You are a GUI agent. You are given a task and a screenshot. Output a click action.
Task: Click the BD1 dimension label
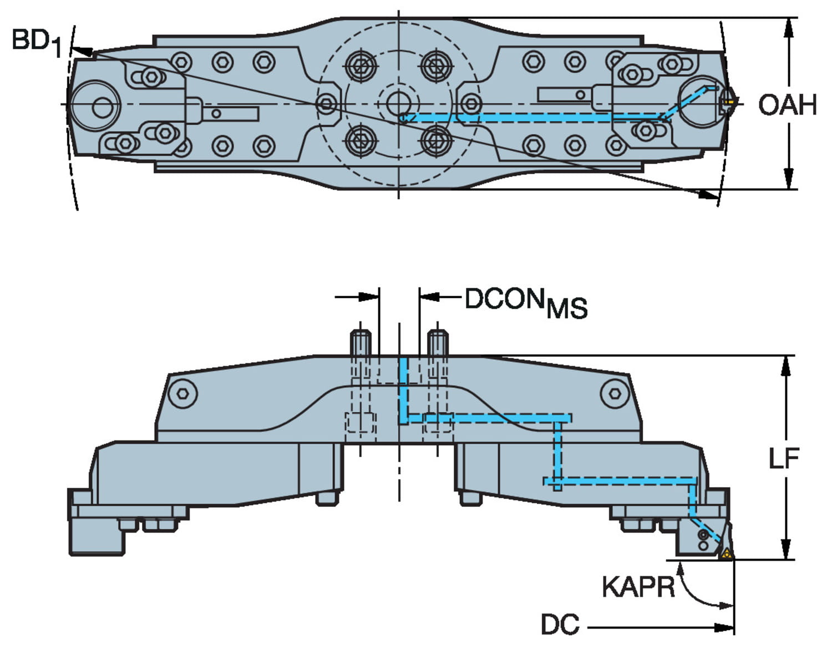[x=37, y=42]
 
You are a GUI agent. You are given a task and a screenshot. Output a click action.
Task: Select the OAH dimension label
[x=787, y=105]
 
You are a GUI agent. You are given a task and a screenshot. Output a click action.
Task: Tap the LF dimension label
[x=783, y=458]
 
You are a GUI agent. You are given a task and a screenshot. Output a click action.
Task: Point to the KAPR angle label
[x=638, y=586]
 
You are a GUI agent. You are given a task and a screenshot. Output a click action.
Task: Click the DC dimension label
[x=560, y=625]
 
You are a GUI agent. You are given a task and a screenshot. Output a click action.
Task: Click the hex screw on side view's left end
[x=184, y=393]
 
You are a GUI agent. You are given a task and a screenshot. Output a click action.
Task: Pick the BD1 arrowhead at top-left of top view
[x=82, y=51]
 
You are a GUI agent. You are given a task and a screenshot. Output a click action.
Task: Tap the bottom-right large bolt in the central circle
[x=437, y=140]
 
